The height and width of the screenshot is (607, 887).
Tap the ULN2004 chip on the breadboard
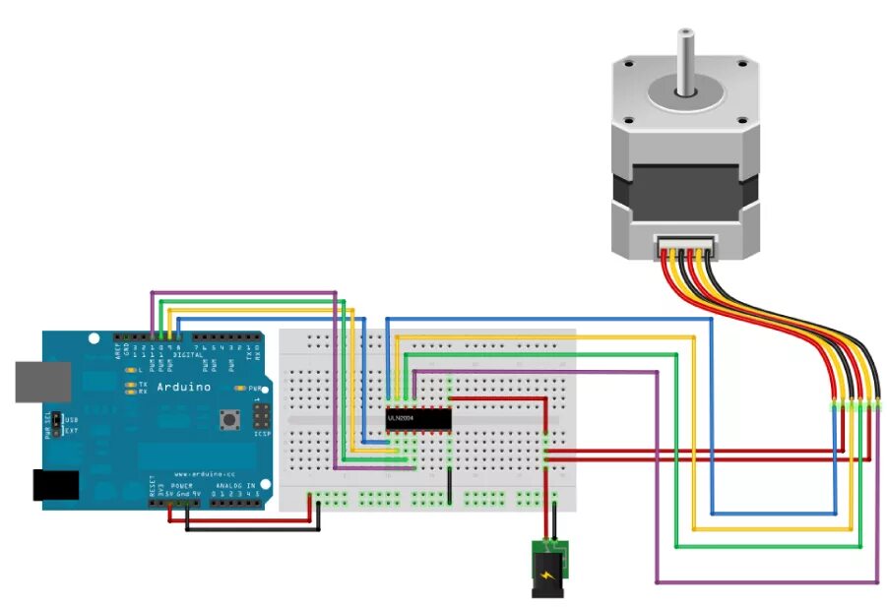pyautogui.click(x=417, y=418)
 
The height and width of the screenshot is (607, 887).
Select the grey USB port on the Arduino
pyautogui.click(x=42, y=382)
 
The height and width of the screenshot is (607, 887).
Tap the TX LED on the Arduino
pyautogui.click(x=130, y=383)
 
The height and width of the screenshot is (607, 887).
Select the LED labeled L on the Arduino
pyautogui.click(x=130, y=369)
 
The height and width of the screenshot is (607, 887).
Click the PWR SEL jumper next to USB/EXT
pyautogui.click(x=57, y=423)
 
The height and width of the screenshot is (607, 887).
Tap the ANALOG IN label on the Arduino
pyautogui.click(x=236, y=486)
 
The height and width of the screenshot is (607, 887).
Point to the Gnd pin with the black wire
pyautogui.click(x=186, y=503)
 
